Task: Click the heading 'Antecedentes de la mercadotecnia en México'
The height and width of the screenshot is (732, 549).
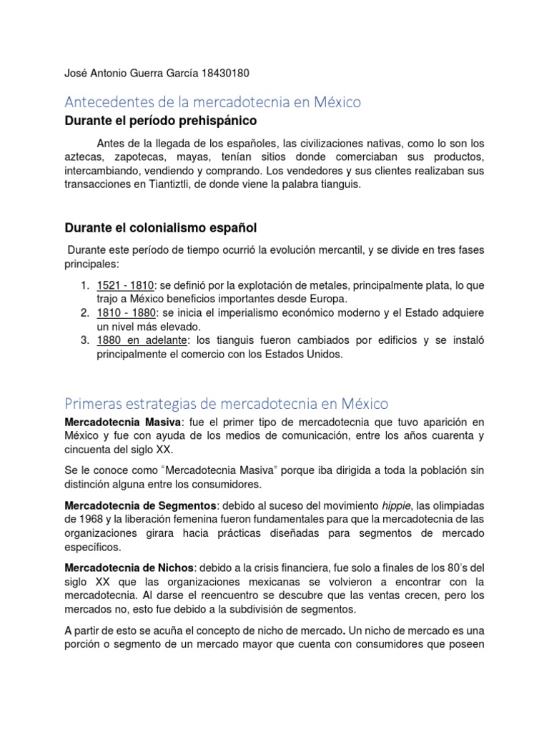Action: click(213, 102)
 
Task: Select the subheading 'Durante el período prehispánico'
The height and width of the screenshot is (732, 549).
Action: click(161, 121)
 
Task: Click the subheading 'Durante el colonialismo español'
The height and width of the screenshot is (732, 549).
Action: click(161, 227)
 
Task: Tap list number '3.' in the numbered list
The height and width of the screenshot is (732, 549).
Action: click(84, 340)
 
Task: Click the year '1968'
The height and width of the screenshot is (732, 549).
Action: click(92, 520)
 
